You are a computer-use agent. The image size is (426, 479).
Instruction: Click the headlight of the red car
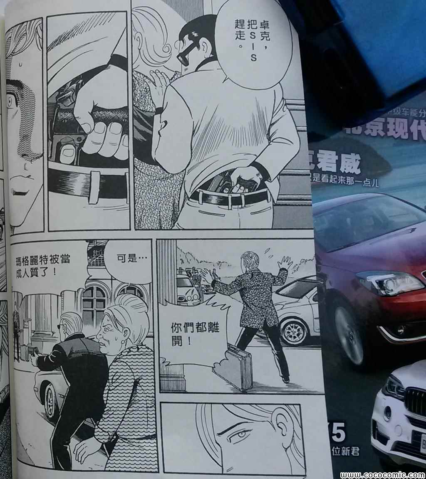point(389,283)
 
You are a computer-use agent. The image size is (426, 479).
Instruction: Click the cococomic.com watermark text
point(382,475)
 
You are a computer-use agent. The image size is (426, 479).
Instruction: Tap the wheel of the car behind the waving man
point(293,332)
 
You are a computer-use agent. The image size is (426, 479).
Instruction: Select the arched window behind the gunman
point(94,306)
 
